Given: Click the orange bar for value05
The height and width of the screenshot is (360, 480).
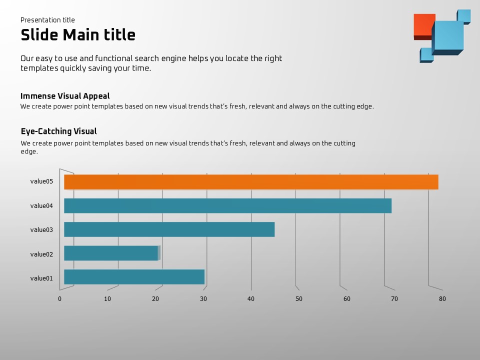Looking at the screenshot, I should pyautogui.click(x=251, y=182).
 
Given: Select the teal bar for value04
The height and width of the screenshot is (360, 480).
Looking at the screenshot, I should pyautogui.click(x=227, y=205).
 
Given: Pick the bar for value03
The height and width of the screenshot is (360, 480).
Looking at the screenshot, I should pyautogui.click(x=169, y=229).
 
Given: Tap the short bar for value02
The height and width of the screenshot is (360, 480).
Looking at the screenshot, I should pyautogui.click(x=111, y=253).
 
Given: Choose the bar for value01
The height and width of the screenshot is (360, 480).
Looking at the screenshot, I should pyautogui.click(x=134, y=277).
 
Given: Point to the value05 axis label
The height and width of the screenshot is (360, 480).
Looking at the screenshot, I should pyautogui.click(x=41, y=181).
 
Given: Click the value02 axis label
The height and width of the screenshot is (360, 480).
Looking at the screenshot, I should pyautogui.click(x=41, y=254).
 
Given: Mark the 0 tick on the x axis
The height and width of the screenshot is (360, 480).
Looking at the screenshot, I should pyautogui.click(x=59, y=299).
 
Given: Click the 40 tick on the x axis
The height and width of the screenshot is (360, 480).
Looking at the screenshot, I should pyautogui.click(x=251, y=299).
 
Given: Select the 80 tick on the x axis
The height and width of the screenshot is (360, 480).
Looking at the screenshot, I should pyautogui.click(x=442, y=299).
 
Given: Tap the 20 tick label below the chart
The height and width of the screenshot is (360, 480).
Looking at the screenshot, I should pyautogui.click(x=155, y=299).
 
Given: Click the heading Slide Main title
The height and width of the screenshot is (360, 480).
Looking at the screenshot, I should pyautogui.click(x=78, y=35).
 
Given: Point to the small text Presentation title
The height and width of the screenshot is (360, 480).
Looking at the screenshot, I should pyautogui.click(x=47, y=20).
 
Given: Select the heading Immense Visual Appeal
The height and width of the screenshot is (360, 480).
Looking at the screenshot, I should pyautogui.click(x=65, y=96).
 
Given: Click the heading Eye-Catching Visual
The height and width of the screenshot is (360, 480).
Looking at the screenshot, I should pyautogui.click(x=58, y=131).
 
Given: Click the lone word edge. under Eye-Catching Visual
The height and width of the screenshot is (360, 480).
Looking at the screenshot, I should pyautogui.click(x=29, y=151).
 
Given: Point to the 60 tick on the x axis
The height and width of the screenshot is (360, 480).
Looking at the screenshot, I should pyautogui.click(x=346, y=299).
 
